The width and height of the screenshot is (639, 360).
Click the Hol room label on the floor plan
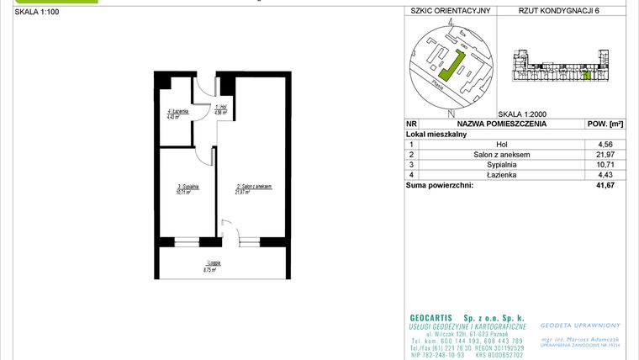pos(220,109)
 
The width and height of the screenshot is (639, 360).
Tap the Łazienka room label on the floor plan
pos(177,114)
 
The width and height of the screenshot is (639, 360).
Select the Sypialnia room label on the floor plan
pos(183,189)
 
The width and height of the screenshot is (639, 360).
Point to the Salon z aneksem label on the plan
pos(254,189)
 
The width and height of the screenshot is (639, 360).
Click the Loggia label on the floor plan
pos(221,266)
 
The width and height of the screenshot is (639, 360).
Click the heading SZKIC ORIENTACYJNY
pos(450,12)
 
